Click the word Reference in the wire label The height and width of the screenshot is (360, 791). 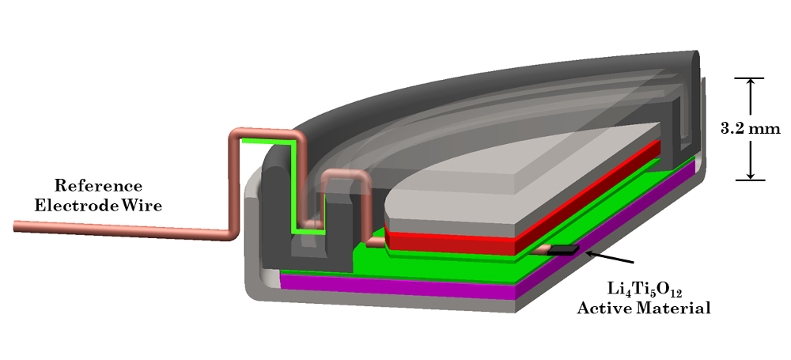[98, 186]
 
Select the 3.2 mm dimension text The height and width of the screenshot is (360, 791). [750, 128]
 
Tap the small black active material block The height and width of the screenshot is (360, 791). [563, 249]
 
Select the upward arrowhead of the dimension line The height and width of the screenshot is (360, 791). [751, 85]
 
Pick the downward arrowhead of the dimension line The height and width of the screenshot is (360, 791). [751, 174]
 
